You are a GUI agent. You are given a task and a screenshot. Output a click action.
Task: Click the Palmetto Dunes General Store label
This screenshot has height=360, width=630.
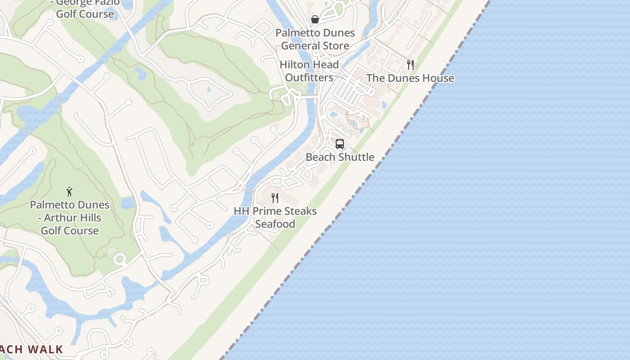tap(315, 39)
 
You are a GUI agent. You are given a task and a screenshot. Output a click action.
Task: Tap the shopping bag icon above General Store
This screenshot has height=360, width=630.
tap(315, 19)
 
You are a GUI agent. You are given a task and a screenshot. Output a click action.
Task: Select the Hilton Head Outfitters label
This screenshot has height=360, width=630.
tap(309, 71)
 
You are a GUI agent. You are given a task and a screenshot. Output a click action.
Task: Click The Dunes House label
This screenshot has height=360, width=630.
tap(410, 78)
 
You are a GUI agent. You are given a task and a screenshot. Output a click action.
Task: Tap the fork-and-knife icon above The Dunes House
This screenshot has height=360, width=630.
tap(410, 65)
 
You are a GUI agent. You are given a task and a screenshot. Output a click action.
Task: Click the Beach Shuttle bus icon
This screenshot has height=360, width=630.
tap(340, 144)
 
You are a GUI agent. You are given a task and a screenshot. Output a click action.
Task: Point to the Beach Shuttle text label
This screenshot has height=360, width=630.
tap(340, 157)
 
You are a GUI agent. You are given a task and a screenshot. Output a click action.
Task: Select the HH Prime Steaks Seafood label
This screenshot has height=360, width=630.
tap(275, 217)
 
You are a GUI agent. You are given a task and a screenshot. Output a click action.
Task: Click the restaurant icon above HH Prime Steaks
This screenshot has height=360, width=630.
tap(275, 198)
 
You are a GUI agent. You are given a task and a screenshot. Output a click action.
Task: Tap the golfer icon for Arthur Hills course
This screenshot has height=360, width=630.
tap(69, 192)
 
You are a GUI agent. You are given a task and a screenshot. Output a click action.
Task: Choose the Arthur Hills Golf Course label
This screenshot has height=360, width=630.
tap(70, 218)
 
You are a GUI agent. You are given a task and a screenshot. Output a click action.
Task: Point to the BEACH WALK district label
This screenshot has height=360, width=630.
tap(31, 349)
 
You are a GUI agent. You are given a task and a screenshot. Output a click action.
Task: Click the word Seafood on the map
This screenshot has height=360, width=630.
tap(275, 224)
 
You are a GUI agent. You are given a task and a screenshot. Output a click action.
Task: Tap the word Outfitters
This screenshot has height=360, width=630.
tap(309, 78)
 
